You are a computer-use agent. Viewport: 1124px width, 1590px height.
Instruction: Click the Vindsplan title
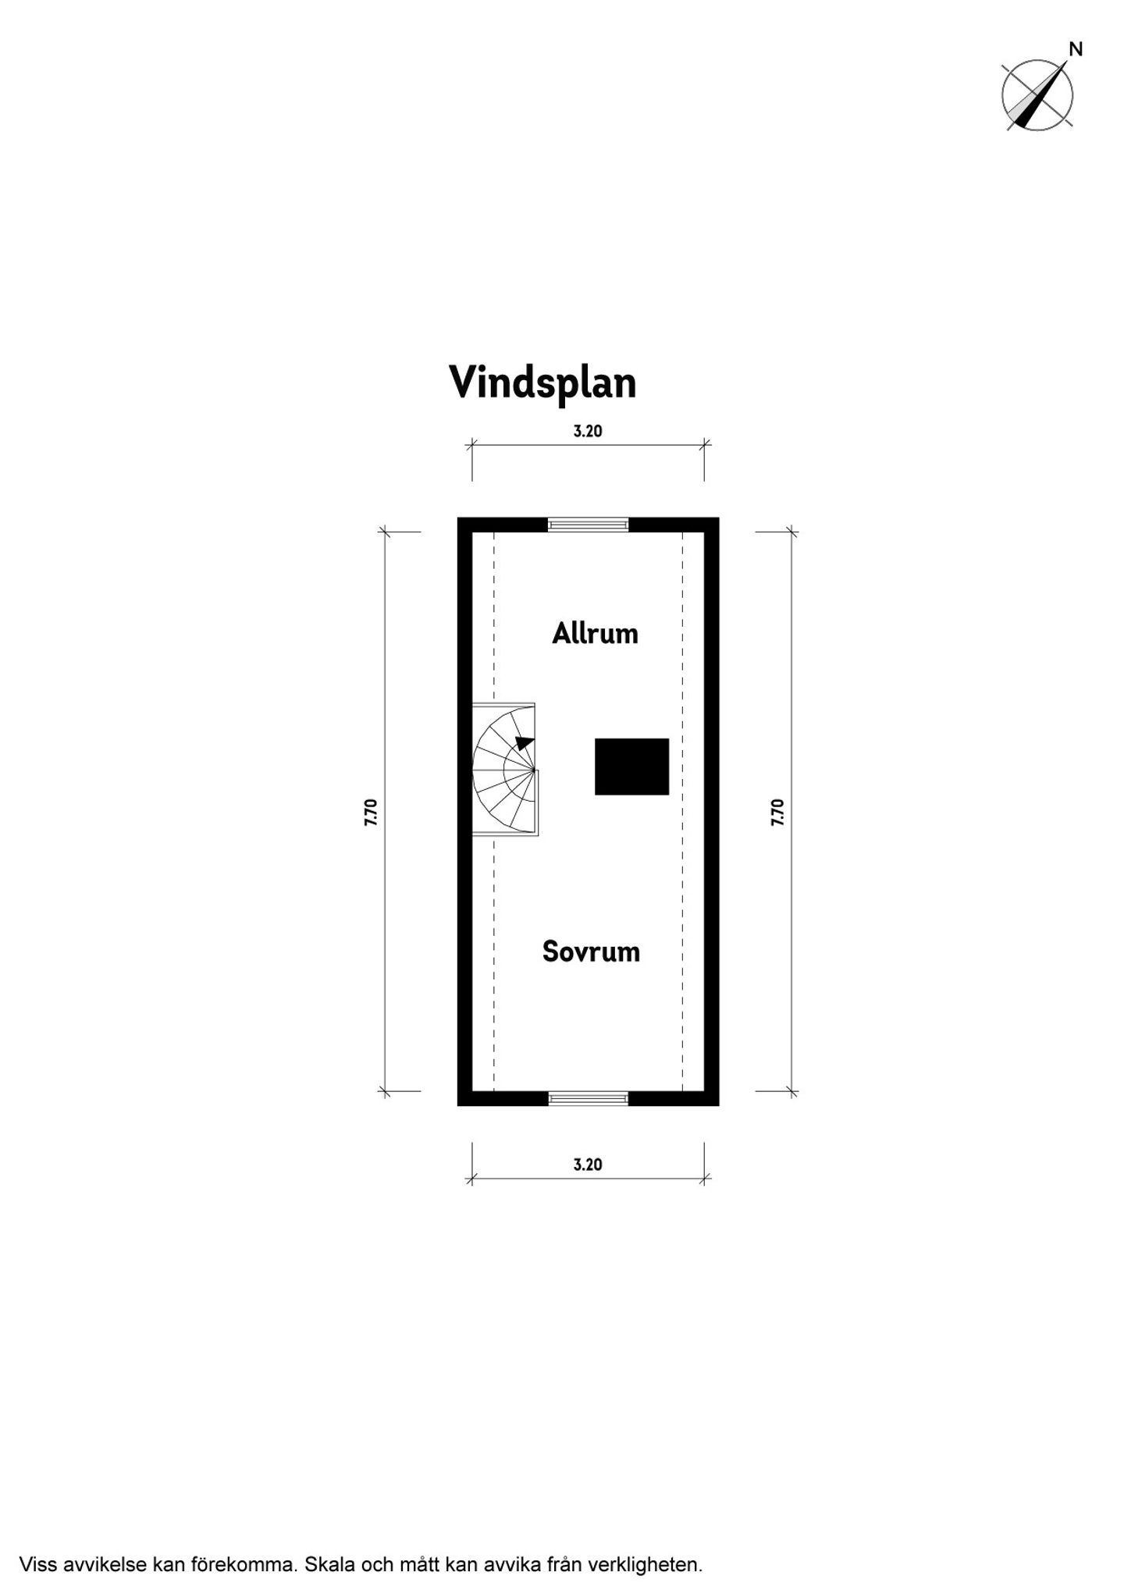[x=542, y=382]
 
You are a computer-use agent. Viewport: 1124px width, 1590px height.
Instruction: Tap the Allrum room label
[x=595, y=633]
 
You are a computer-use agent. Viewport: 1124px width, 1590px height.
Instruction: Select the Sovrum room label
[x=591, y=952]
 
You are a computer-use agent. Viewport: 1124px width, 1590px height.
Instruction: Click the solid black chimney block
[x=631, y=767]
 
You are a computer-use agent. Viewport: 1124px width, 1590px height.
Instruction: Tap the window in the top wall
[x=588, y=524]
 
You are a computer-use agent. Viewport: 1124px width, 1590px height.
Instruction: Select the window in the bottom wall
[x=588, y=1099]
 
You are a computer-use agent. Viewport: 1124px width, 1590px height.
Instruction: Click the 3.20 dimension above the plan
[x=588, y=431]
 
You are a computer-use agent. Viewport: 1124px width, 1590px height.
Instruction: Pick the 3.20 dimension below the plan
[x=588, y=1165]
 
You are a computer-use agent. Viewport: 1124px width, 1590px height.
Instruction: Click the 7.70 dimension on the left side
[x=371, y=812]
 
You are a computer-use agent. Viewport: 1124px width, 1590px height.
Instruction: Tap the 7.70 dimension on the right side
[x=777, y=812]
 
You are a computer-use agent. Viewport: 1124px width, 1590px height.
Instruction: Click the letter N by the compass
[x=1076, y=49]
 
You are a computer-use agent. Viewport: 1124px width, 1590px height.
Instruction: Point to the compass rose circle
[x=1002, y=95]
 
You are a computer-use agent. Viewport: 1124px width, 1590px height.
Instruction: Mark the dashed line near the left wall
[x=494, y=812]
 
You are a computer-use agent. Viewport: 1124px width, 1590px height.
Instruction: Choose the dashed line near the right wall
[x=682, y=812]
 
